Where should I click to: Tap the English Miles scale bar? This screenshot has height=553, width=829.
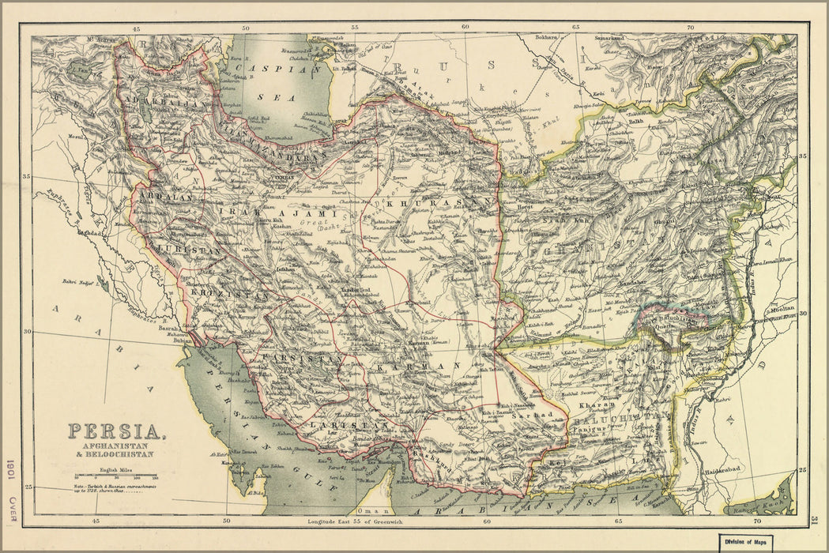pos(115,476)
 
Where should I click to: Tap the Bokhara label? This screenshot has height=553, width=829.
pos(545,37)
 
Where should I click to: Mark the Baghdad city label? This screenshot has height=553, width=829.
pos(89,234)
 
